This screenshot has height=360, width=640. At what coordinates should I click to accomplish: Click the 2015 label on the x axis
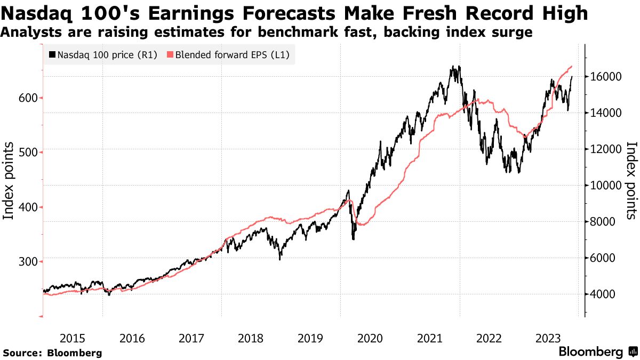click(72, 338)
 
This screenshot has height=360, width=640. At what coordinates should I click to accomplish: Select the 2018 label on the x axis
click(251, 338)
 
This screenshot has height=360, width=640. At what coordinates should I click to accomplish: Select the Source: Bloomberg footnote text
click(52, 353)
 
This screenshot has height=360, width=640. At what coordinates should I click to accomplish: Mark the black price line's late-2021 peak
click(453, 67)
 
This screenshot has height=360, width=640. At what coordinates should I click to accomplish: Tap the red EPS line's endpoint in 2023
click(572, 66)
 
